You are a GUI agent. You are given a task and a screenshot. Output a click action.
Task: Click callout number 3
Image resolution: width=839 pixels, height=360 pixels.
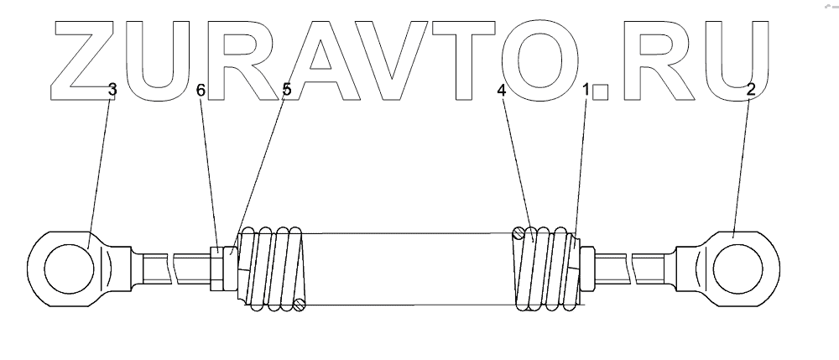click(x=111, y=89)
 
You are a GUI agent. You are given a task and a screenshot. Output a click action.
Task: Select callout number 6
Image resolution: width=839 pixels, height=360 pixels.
click(x=201, y=89)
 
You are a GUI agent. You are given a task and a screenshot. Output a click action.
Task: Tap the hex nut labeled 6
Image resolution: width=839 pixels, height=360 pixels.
click(x=217, y=268)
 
